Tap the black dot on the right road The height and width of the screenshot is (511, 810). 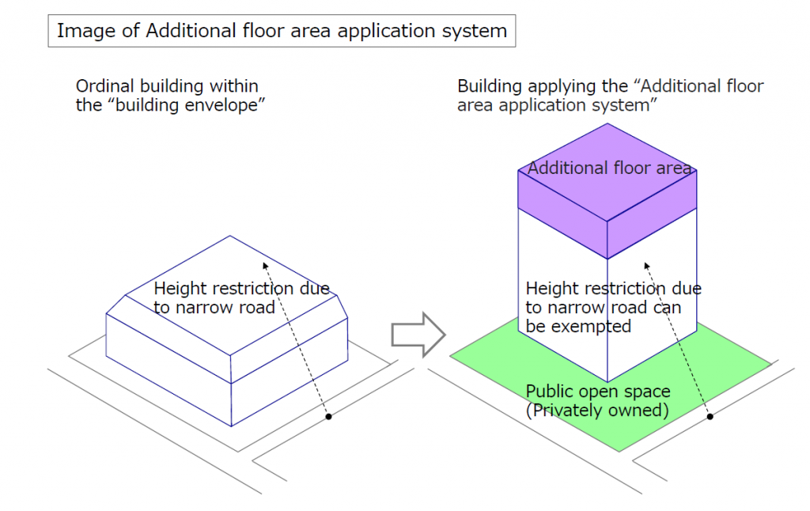pos(710,416)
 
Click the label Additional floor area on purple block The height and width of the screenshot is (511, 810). pos(609,168)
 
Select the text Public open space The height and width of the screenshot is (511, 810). pos(598,392)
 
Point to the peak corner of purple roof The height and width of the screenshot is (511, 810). pos(607,124)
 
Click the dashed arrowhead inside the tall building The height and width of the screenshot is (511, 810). pos(646,267)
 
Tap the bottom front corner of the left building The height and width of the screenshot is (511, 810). pos(230,425)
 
